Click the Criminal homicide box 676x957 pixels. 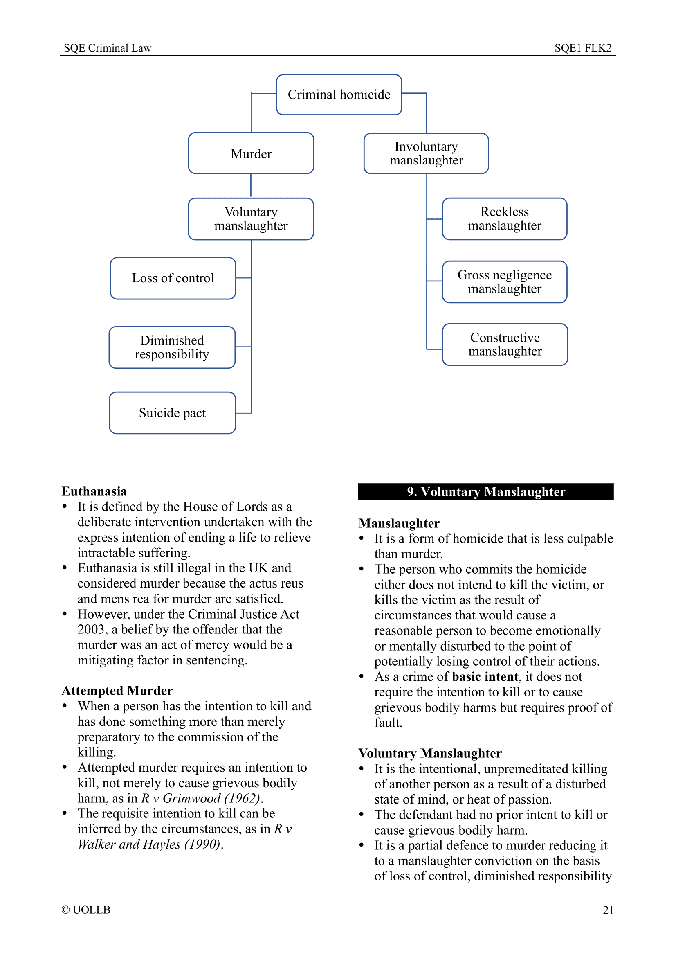(339, 95)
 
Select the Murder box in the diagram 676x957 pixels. (251, 153)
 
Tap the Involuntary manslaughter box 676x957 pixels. (426, 153)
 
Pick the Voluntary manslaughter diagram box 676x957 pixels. (251, 219)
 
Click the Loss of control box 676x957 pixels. (173, 278)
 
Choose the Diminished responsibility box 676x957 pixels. (172, 347)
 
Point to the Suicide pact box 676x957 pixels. (172, 413)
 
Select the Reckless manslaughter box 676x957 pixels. (504, 219)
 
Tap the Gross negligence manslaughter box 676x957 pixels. (504, 282)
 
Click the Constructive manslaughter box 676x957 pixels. (505, 344)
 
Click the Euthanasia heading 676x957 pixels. (94, 491)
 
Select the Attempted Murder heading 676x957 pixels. (117, 691)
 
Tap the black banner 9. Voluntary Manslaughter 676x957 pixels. (486, 492)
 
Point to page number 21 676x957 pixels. (608, 910)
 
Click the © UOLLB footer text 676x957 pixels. (86, 910)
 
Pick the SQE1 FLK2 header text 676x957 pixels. (583, 48)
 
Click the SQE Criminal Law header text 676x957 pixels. (108, 48)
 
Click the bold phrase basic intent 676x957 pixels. (485, 676)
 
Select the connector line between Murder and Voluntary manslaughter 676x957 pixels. (251, 185)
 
